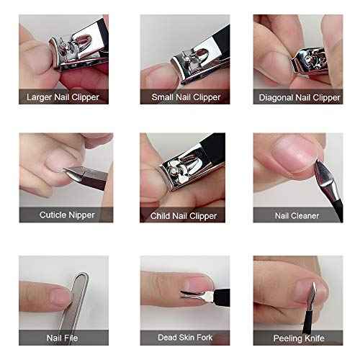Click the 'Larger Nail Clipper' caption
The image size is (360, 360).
click(x=63, y=96)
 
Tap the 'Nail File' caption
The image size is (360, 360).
click(x=63, y=336)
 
